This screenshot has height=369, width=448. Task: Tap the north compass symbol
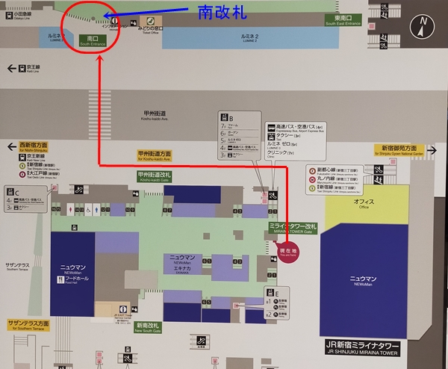423,28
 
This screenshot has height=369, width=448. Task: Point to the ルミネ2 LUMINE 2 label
247,37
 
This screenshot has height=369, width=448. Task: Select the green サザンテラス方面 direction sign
28,325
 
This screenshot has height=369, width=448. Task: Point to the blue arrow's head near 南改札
105,15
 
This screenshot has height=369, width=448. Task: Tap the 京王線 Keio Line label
27,69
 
